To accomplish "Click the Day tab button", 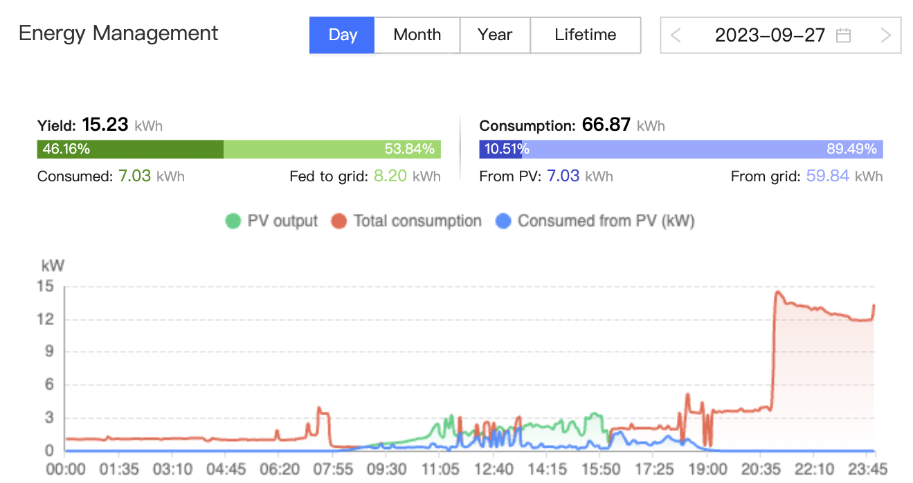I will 342,35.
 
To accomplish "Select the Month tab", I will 417,35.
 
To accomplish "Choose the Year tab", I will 495,35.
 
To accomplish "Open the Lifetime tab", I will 585,35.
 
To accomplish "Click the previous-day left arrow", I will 676,35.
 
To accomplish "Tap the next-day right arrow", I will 885,35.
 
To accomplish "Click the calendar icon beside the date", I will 843,35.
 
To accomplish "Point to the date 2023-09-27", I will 770,35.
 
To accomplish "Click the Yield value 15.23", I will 105,125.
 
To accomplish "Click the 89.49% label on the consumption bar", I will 851,149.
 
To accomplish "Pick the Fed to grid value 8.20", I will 390,176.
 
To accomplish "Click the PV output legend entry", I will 271,221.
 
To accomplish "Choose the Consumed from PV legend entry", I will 595,221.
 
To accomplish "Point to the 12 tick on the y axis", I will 49,319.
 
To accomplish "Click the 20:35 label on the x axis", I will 759,469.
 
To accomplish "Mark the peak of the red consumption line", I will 777,291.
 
